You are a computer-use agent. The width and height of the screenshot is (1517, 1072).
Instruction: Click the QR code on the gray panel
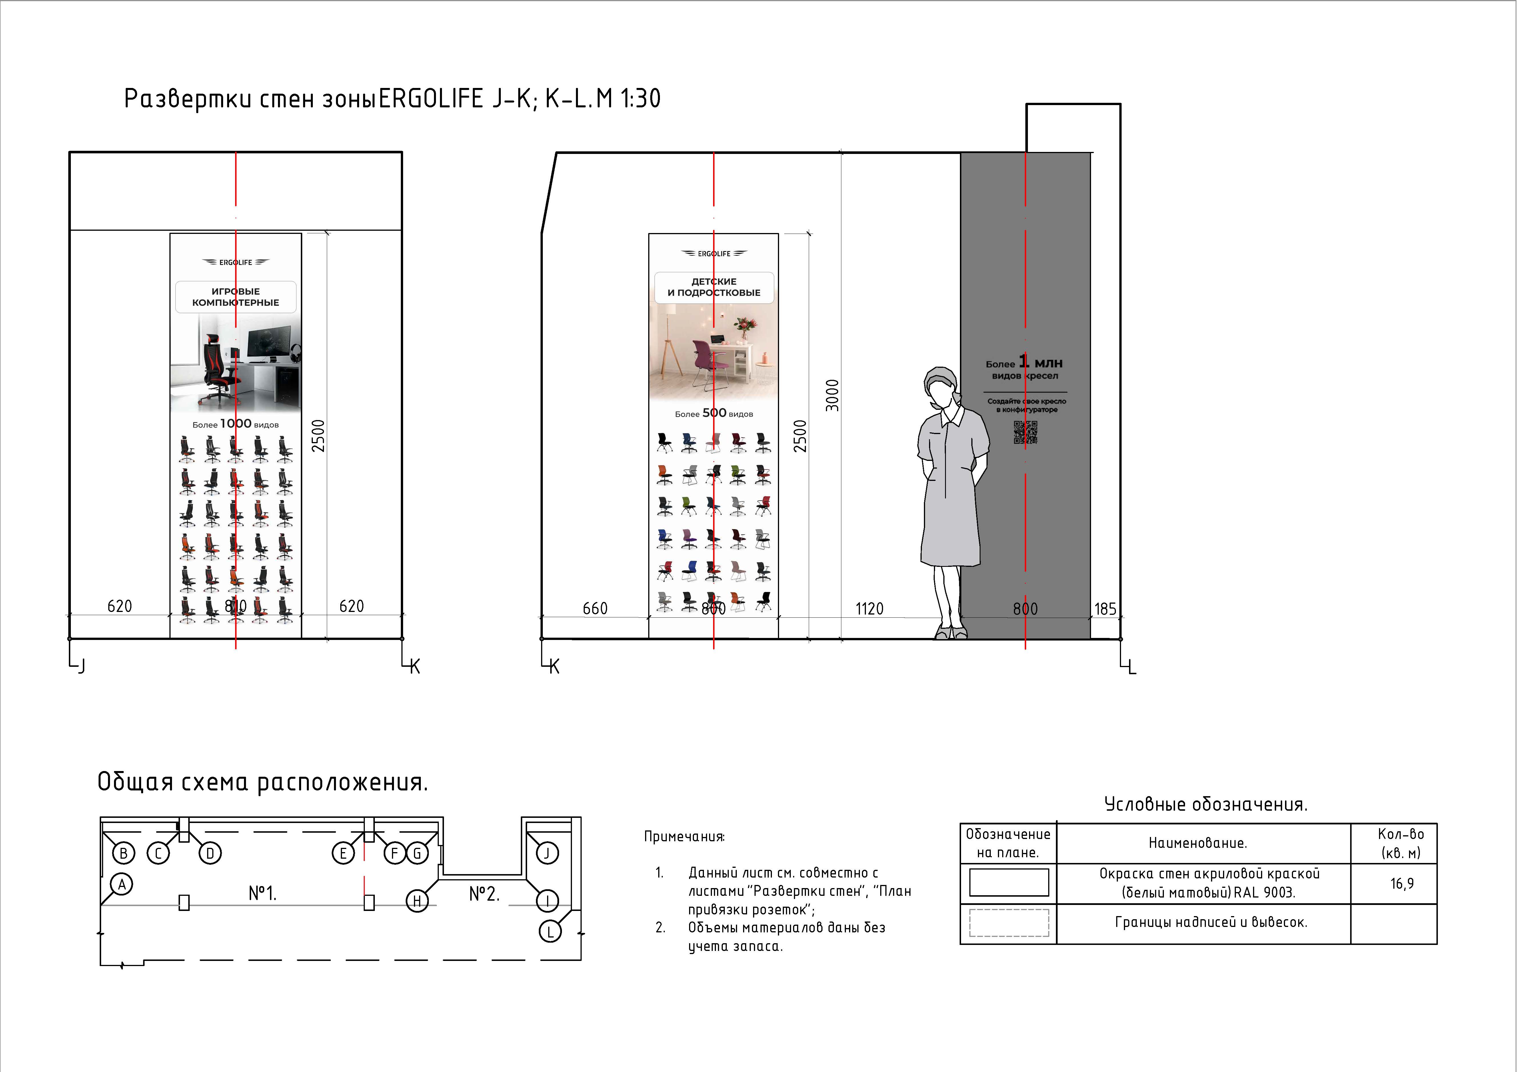click(x=1025, y=433)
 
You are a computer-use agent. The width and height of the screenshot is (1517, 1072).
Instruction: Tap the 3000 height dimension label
click(x=832, y=395)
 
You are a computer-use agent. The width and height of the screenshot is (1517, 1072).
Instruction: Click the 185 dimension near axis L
click(x=1105, y=608)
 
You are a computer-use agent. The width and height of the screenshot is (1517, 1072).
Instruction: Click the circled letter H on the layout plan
click(x=417, y=900)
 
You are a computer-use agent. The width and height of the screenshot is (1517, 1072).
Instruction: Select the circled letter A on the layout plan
click(x=122, y=884)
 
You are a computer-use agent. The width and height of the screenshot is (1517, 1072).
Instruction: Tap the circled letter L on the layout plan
click(x=550, y=931)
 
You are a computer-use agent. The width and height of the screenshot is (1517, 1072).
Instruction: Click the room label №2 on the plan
click(x=484, y=894)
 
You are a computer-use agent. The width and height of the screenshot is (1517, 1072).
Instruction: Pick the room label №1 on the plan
click(x=262, y=894)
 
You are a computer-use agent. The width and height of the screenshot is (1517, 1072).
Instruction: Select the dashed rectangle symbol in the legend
click(x=1009, y=923)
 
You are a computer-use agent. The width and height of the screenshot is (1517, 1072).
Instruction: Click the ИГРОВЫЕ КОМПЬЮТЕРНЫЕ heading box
click(x=236, y=297)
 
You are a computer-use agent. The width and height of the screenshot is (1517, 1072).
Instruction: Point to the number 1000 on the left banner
click(x=236, y=423)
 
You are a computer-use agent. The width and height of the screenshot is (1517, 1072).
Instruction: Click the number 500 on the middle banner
click(x=714, y=413)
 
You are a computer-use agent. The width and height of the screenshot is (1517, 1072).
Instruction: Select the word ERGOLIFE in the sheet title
click(x=431, y=99)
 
